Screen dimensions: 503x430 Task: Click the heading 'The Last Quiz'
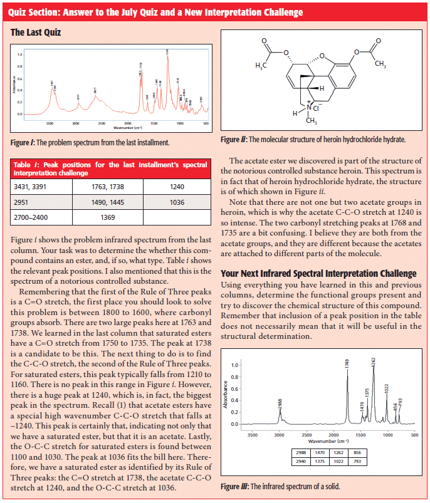click(x=36, y=31)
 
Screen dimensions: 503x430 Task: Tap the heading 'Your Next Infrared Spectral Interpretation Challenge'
click(x=318, y=274)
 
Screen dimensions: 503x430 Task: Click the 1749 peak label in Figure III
click(x=347, y=361)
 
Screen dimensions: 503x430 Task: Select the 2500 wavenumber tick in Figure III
click(x=307, y=434)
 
